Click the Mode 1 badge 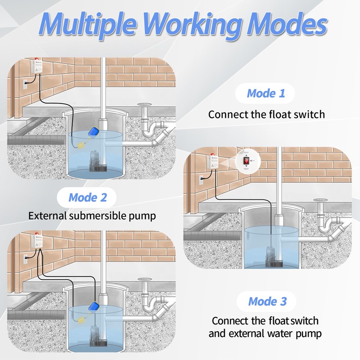(x=266, y=94)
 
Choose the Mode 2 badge (x=88, y=197)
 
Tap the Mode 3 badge (x=267, y=301)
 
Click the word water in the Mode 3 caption (x=283, y=334)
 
